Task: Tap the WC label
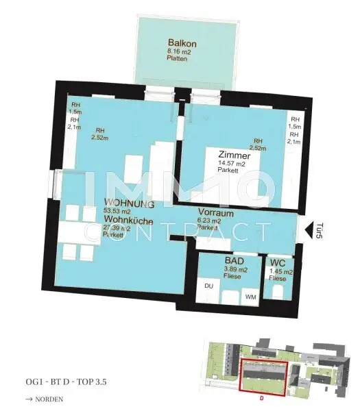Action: (x=278, y=262)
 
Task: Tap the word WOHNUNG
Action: (x=128, y=204)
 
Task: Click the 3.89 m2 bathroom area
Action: (x=235, y=271)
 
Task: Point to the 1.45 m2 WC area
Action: (x=280, y=271)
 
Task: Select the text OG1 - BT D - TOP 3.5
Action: (x=65, y=381)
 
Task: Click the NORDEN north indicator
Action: (x=45, y=398)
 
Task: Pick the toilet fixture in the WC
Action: (x=279, y=292)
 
